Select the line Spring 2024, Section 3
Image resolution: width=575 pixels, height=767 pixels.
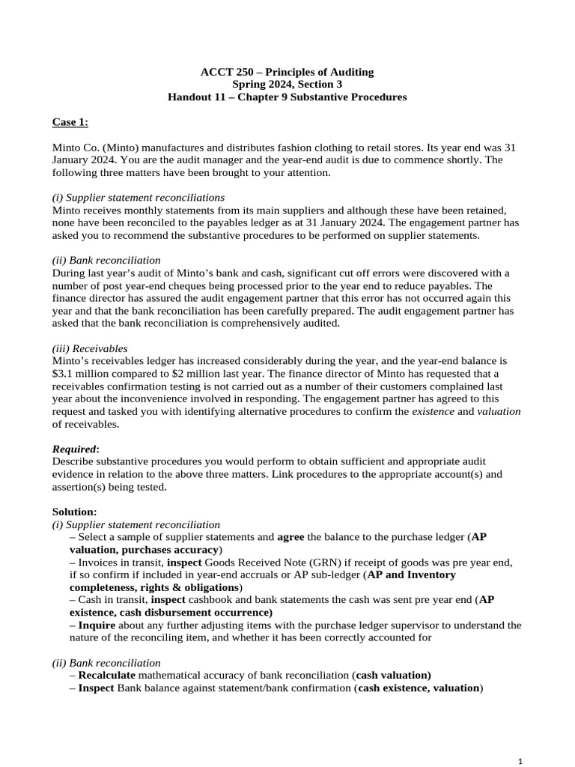tap(287, 85)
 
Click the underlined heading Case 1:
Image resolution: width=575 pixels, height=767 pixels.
tap(70, 122)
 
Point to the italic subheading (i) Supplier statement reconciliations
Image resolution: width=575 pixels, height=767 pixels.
tap(138, 197)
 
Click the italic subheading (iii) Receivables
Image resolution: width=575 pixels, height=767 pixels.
tap(90, 348)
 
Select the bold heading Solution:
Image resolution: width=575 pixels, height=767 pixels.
tap(74, 512)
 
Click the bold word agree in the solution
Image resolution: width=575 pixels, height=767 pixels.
tap(290, 537)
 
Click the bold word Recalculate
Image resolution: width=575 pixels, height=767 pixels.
tap(106, 675)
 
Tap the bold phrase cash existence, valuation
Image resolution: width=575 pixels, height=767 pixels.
tap(419, 688)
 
